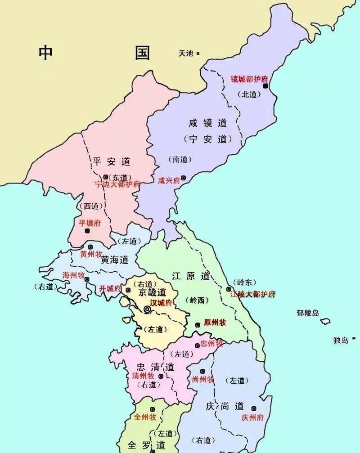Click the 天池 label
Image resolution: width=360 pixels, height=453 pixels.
(185, 53)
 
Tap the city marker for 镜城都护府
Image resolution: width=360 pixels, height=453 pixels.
(266, 85)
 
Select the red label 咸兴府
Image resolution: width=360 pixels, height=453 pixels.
(169, 180)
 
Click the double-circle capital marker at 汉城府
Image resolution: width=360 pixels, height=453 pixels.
(147, 309)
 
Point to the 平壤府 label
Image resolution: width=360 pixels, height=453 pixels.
(90, 223)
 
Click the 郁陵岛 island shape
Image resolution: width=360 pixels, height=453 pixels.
(325, 321)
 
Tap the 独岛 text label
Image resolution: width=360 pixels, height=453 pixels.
(341, 340)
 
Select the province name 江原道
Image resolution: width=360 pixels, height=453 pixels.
(191, 276)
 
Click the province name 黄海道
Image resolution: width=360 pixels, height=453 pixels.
(114, 260)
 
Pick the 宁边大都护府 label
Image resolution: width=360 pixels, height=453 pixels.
(117, 184)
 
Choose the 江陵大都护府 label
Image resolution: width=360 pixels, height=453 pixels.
(252, 294)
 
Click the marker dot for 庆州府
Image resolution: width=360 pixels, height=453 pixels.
(254, 408)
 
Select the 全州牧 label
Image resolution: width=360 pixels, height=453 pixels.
(145, 417)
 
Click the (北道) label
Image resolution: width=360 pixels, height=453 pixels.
(250, 94)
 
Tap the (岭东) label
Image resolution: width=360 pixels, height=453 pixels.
(244, 282)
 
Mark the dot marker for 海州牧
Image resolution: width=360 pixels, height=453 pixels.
(87, 279)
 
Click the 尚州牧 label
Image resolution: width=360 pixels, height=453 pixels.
(202, 379)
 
